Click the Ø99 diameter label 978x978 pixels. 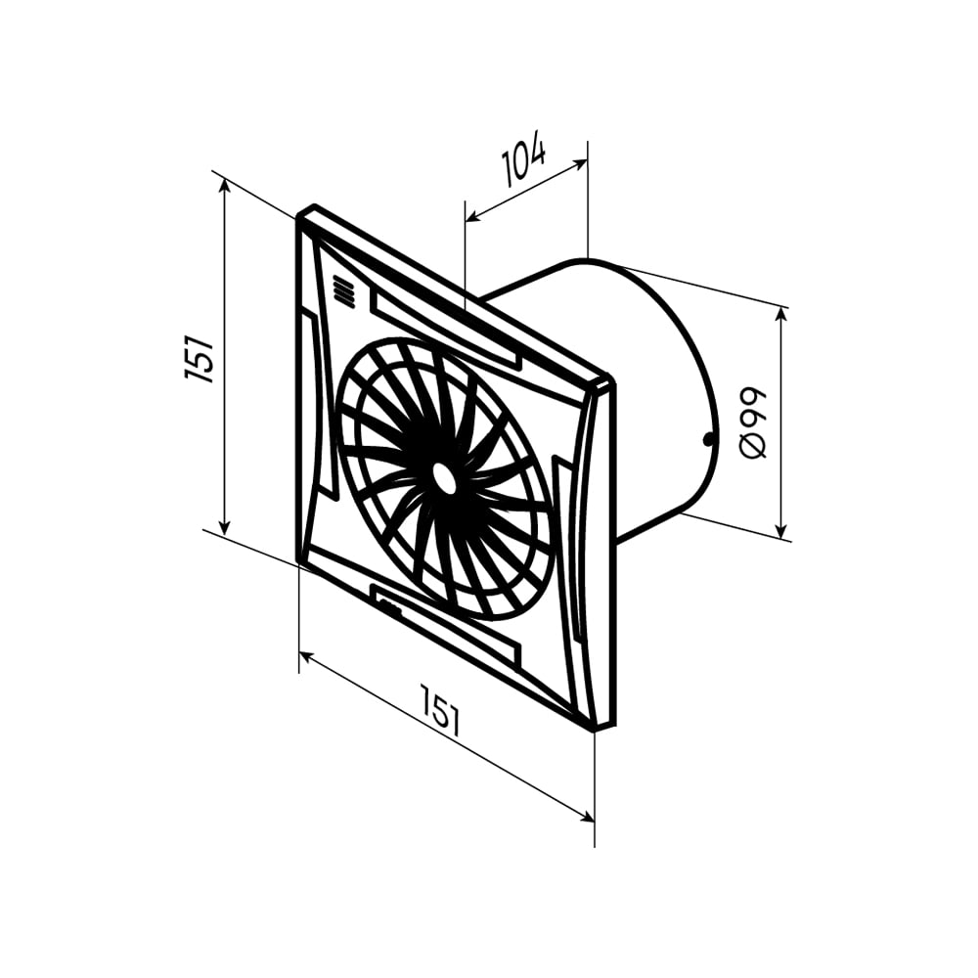(x=752, y=422)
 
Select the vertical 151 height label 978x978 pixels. (x=199, y=359)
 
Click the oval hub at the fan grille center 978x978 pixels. (x=444, y=479)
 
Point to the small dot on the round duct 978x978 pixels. (x=707, y=440)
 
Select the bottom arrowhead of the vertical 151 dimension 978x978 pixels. (x=225, y=527)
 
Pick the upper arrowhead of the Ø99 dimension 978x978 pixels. (x=780, y=314)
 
